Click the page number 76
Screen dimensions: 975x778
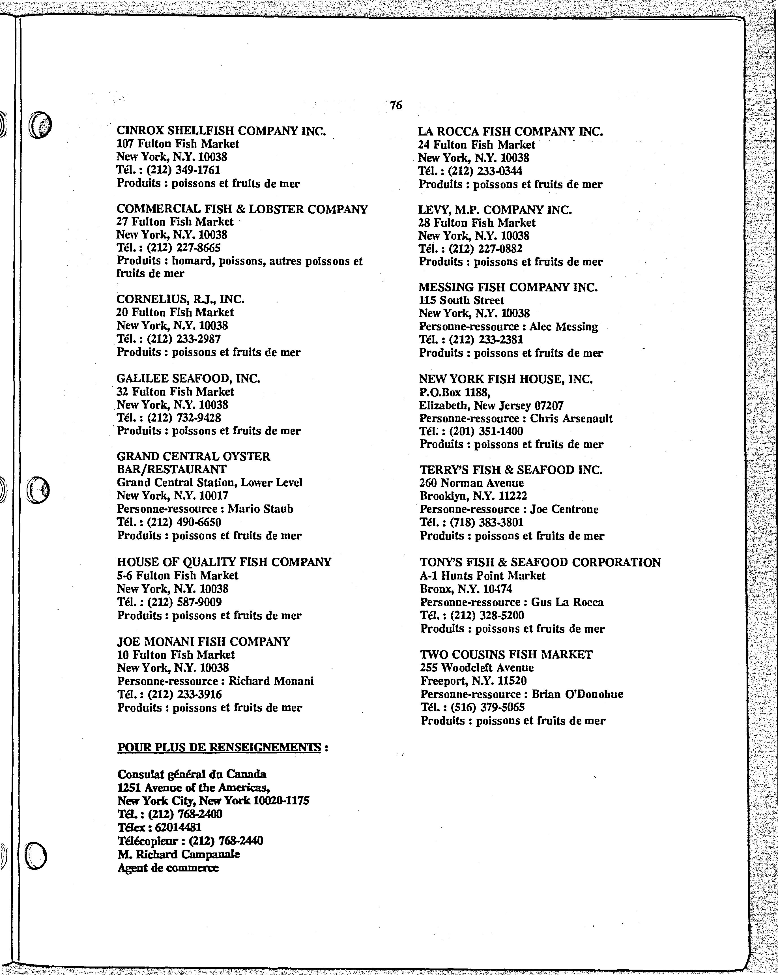396,105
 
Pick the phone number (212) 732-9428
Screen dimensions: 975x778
184,418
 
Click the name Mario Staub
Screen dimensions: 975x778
260,509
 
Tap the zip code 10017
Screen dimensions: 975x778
214,496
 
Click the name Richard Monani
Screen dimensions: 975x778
270,681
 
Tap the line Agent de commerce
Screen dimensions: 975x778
168,868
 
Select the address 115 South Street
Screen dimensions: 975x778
461,300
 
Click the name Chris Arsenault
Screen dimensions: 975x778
571,418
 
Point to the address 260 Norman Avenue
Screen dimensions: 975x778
472,483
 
